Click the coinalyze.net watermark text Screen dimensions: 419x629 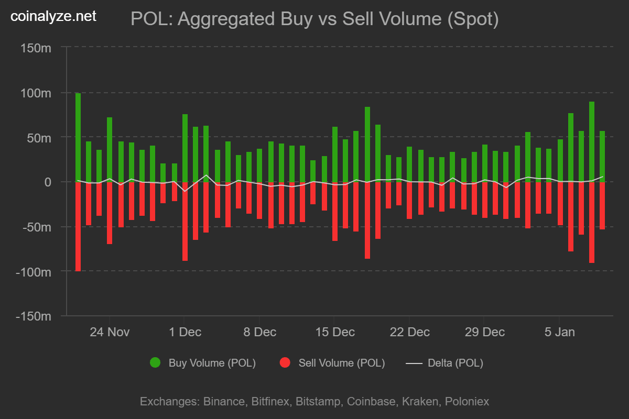click(53, 17)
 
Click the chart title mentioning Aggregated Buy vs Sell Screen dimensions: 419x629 click(314, 19)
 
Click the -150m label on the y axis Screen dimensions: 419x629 click(34, 316)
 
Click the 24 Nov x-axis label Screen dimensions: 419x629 click(110, 332)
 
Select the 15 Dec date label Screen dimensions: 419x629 click(334, 332)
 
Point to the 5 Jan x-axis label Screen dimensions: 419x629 click(559, 332)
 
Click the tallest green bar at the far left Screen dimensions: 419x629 click(78, 137)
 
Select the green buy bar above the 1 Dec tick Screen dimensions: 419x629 click(185, 148)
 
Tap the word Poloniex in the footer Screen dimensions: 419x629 click(467, 402)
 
